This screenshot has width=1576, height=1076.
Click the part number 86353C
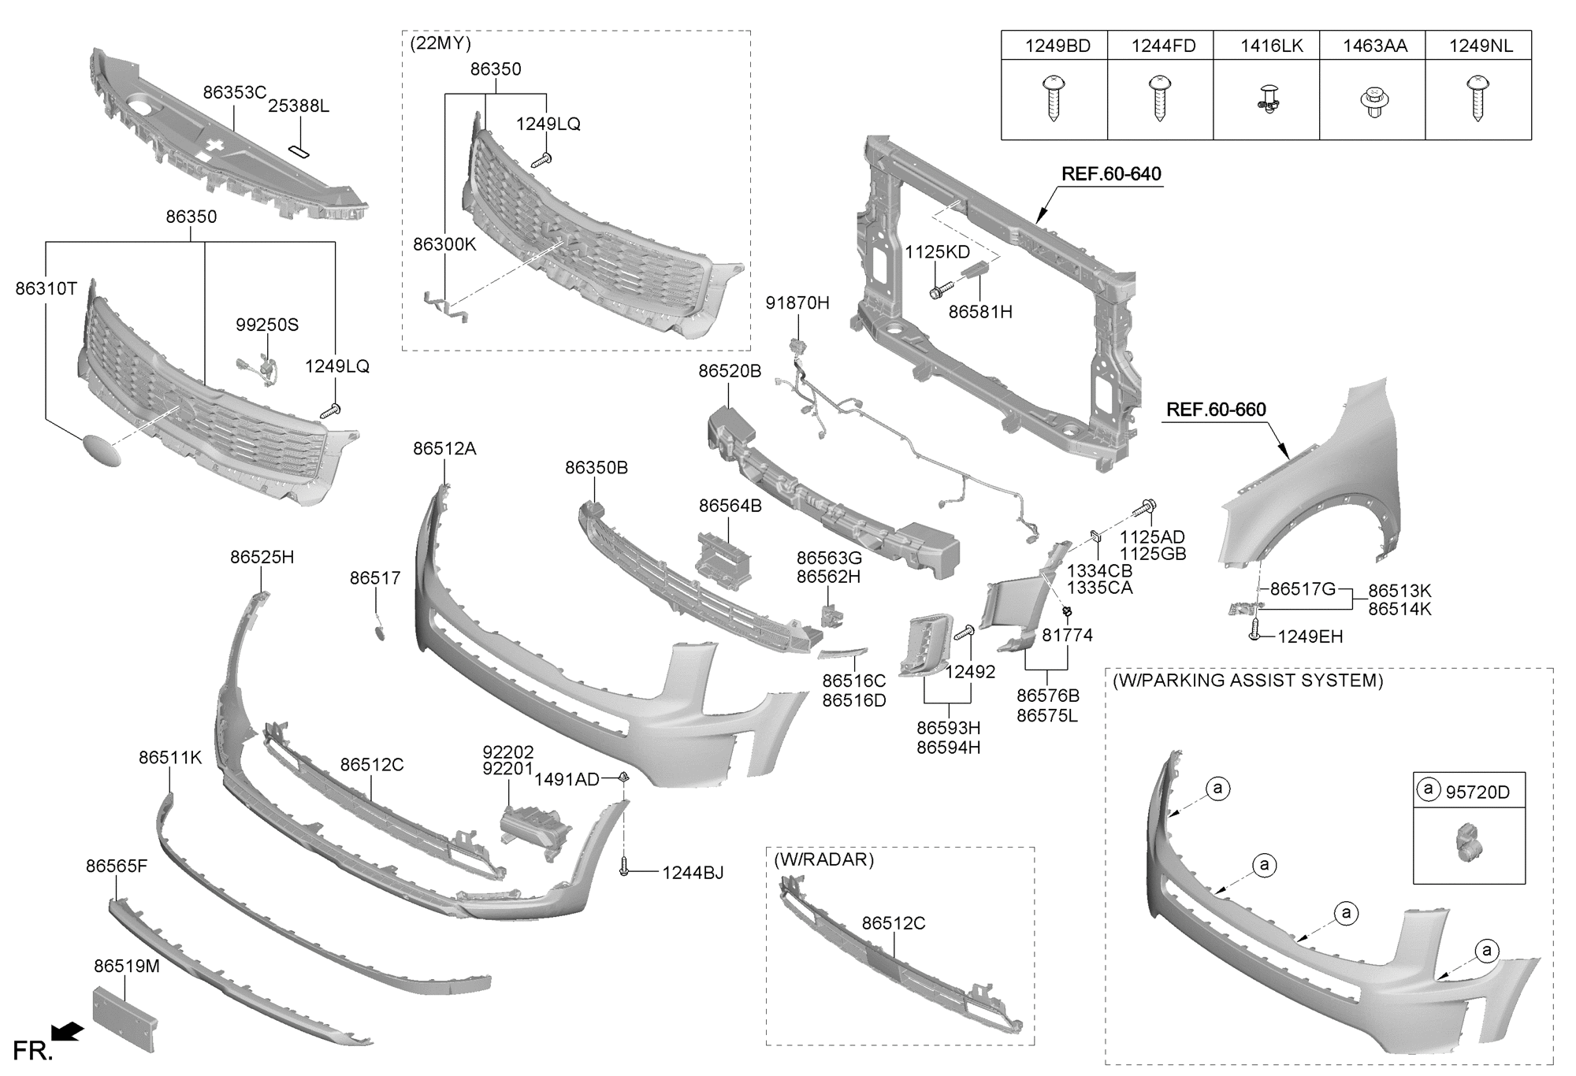[234, 92]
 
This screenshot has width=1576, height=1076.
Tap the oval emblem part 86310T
[102, 450]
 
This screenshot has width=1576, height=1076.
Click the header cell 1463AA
[1374, 46]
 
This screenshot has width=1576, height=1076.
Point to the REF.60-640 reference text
[1111, 174]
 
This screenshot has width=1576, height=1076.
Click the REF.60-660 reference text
[1216, 410]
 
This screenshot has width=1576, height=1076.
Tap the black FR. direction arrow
[67, 1031]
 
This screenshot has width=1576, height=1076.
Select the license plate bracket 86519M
[125, 1018]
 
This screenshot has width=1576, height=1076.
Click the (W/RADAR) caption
[823, 859]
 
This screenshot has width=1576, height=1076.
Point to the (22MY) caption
[440, 43]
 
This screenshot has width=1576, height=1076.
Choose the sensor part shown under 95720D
[1468, 842]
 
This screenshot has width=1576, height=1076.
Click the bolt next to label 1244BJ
[624, 867]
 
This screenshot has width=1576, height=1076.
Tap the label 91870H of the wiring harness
[797, 303]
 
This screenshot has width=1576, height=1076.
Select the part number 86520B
[730, 371]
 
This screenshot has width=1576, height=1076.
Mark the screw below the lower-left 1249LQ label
[330, 410]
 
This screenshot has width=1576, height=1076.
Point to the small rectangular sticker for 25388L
[300, 151]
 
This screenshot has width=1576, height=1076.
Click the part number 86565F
[117, 866]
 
